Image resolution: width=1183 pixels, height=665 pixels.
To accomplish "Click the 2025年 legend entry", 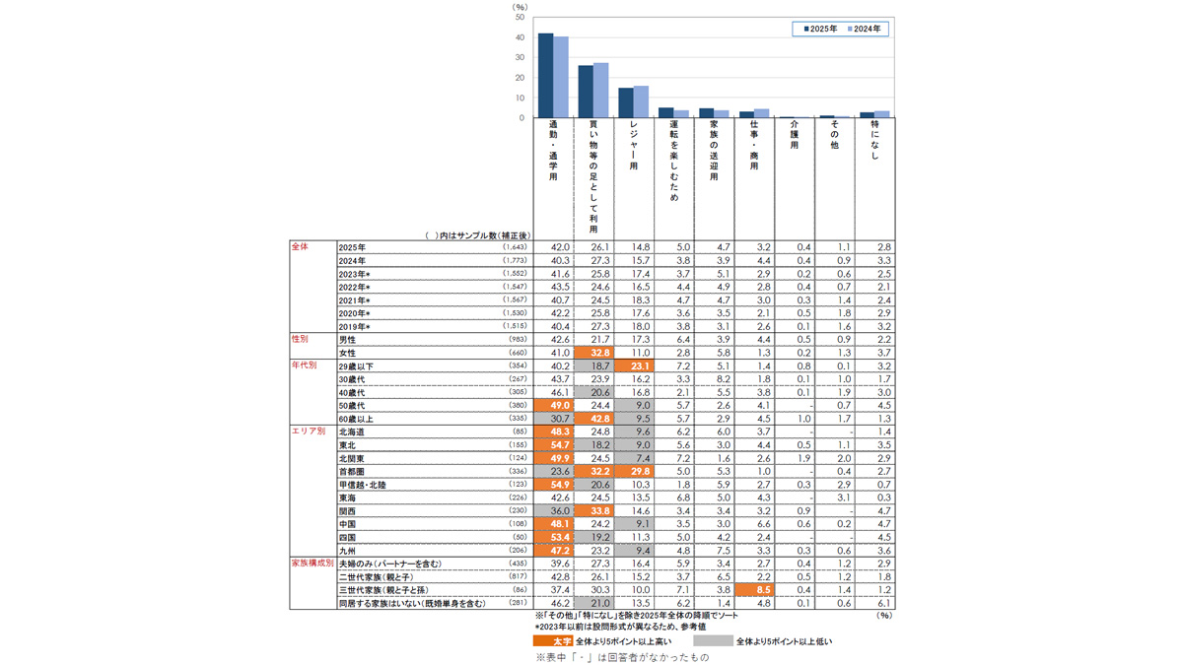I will [820, 30].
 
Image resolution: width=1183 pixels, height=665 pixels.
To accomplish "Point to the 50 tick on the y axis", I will [519, 18].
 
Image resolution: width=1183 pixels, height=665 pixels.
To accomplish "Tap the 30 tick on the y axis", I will [519, 58].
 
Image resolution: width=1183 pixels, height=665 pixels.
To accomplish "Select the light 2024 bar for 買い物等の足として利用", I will [601, 91].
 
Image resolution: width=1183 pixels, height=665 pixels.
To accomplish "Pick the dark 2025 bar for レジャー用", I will [625, 102].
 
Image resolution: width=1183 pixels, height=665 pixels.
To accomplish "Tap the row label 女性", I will [348, 352].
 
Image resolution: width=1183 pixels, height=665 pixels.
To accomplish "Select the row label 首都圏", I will [351, 472].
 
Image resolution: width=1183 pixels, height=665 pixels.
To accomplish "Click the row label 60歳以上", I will [355, 419].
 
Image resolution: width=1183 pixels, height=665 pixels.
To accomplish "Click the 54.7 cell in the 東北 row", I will [553, 445].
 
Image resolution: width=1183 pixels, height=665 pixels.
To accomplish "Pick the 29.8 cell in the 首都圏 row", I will [634, 472].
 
